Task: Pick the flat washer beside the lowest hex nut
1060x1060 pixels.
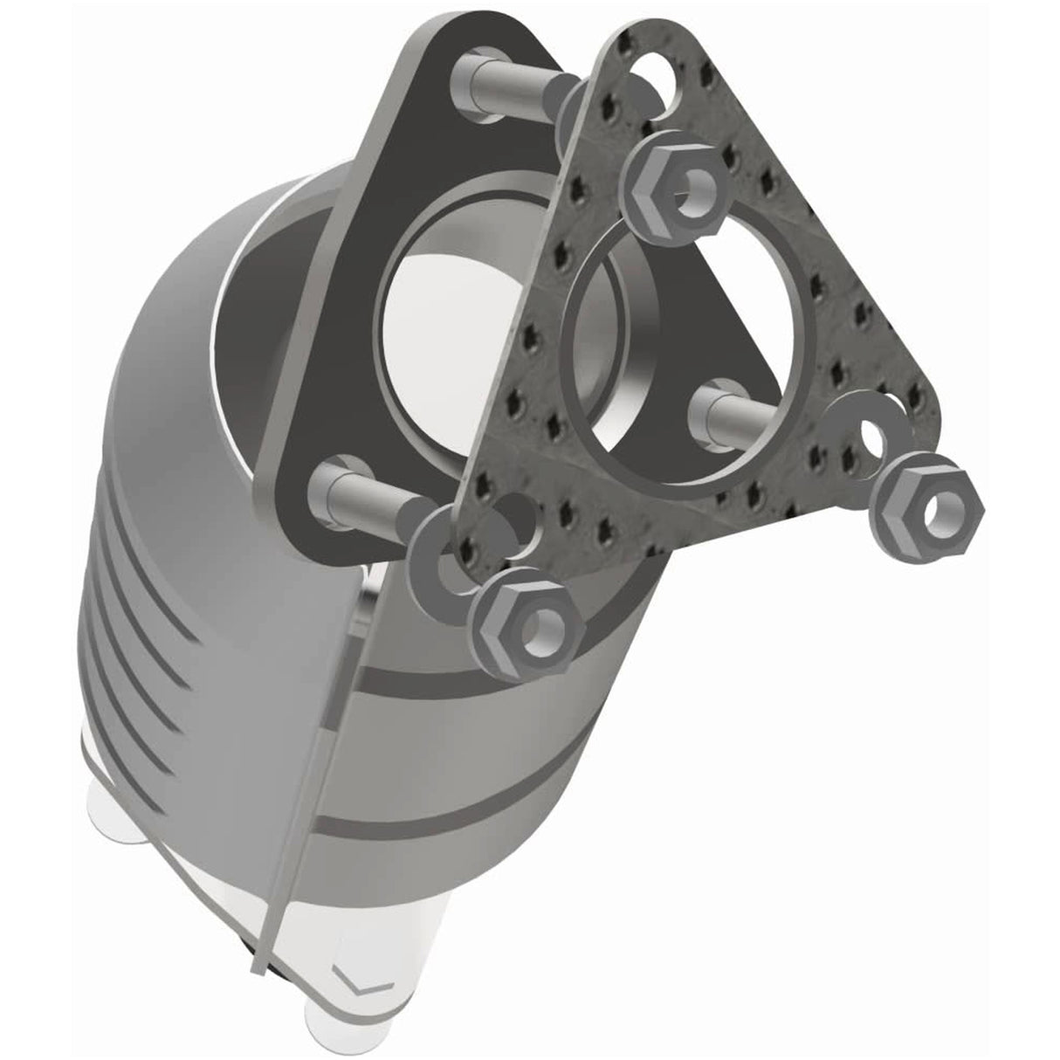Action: tap(445, 560)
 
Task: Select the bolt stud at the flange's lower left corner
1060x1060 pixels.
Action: tap(367, 489)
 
